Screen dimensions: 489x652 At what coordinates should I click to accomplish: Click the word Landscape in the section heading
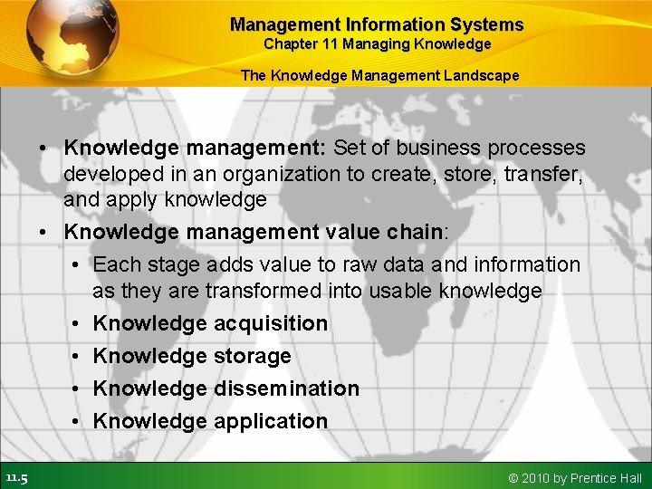click(481, 75)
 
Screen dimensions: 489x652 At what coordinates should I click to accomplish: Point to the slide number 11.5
click(16, 477)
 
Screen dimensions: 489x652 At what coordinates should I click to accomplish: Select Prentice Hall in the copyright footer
click(607, 478)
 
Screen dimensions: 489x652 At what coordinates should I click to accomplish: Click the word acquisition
click(271, 323)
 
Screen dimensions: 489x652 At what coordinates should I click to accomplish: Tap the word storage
click(253, 356)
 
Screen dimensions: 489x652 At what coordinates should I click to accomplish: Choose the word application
click(271, 421)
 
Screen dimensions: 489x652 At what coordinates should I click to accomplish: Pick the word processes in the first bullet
click(537, 148)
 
